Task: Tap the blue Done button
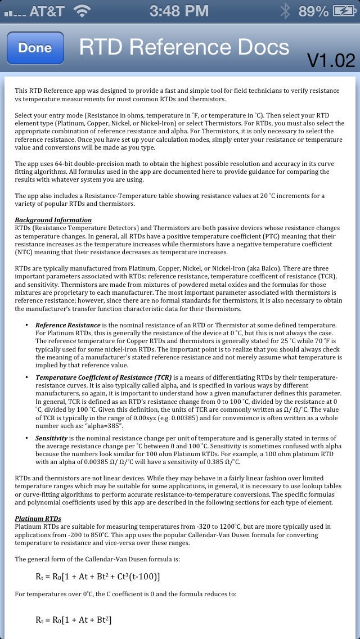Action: (35, 48)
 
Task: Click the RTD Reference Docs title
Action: (184, 47)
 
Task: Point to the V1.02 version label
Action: (331, 60)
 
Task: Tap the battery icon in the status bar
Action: (344, 11)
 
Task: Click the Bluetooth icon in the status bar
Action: (286, 11)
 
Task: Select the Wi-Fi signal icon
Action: (82, 11)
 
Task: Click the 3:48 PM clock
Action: (179, 11)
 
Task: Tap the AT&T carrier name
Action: (46, 11)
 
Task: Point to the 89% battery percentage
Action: (313, 11)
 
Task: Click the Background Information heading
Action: (53, 220)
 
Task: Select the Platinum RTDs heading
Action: (38, 519)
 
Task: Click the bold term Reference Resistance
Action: (68, 325)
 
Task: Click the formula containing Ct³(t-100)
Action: (98, 576)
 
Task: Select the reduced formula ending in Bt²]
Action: (74, 620)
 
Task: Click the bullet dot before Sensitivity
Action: (27, 438)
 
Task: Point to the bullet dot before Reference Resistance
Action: (27, 325)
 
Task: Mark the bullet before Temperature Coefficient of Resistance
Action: (27, 377)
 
